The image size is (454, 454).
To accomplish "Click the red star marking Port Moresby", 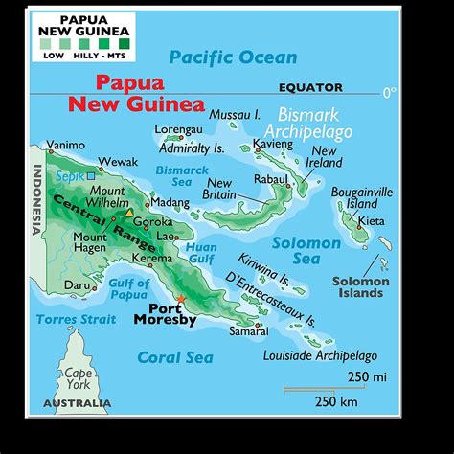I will click(180, 300).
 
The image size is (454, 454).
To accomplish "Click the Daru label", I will click(78, 284).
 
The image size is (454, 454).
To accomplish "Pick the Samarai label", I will click(248, 331).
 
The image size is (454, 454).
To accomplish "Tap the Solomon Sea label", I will click(306, 251).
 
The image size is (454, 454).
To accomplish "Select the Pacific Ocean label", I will click(233, 57).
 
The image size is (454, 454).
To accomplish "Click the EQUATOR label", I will click(310, 87).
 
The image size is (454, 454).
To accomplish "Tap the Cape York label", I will click(79, 380).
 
